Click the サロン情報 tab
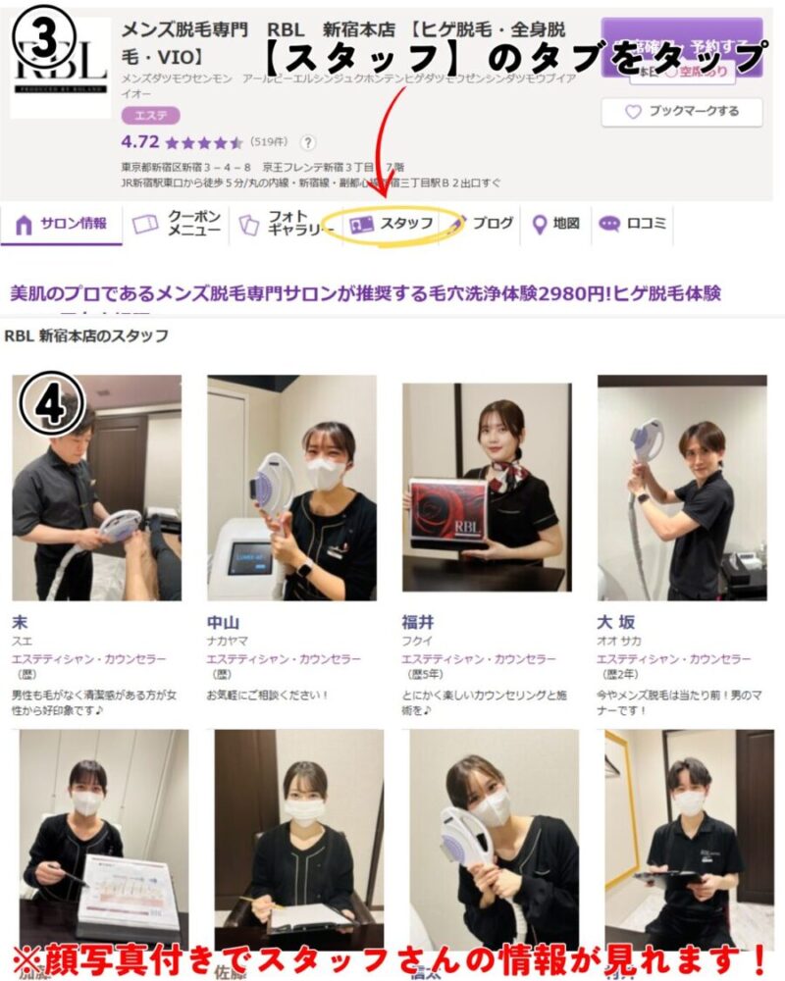tap(63, 224)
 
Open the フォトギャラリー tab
tap(281, 224)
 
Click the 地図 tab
tap(556, 224)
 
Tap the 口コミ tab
tap(634, 224)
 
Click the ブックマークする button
tap(683, 112)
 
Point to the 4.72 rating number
tap(140, 141)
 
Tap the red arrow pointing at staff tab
tap(385, 147)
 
